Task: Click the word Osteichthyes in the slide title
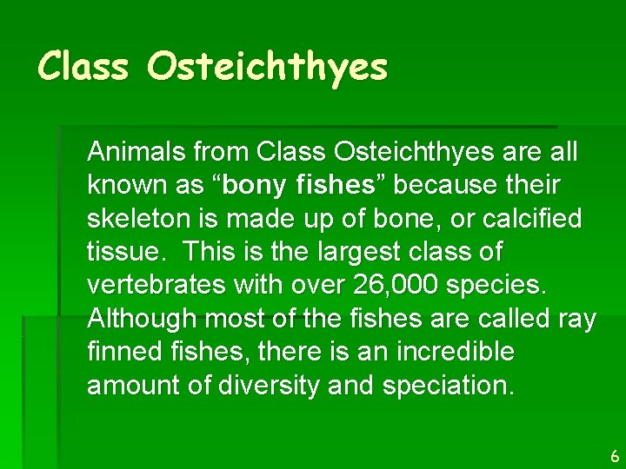click(267, 67)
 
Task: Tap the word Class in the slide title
click(83, 65)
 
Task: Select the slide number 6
click(614, 455)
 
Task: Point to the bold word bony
click(256, 185)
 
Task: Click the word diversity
click(261, 386)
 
